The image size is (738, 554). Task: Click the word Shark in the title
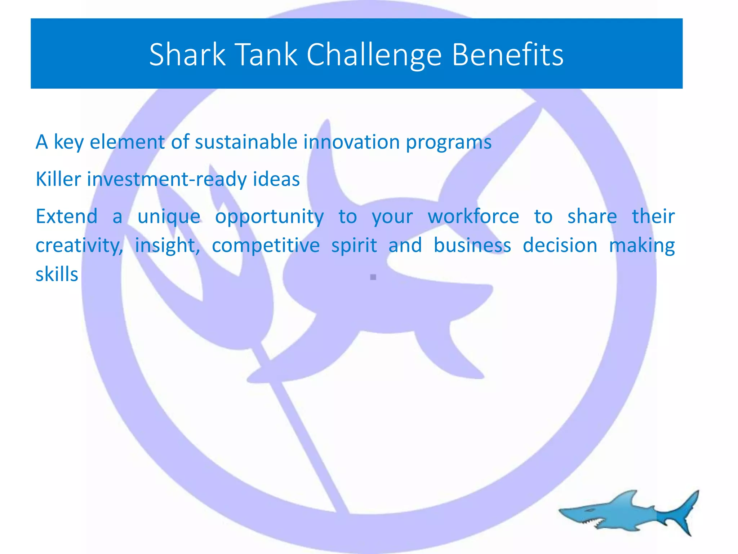point(187,54)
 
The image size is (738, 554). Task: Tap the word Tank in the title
point(267,54)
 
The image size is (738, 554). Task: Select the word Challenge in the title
point(374,55)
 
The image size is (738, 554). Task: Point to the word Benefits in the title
point(507,54)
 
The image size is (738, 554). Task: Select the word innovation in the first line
point(351,142)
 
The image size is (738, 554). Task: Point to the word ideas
point(276,179)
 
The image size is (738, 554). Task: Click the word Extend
point(66,216)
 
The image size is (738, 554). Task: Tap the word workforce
point(473,216)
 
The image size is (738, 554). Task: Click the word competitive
point(266,246)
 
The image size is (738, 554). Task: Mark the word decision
point(560,245)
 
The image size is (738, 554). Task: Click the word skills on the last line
point(57,274)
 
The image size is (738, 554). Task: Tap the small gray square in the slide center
point(373,277)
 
